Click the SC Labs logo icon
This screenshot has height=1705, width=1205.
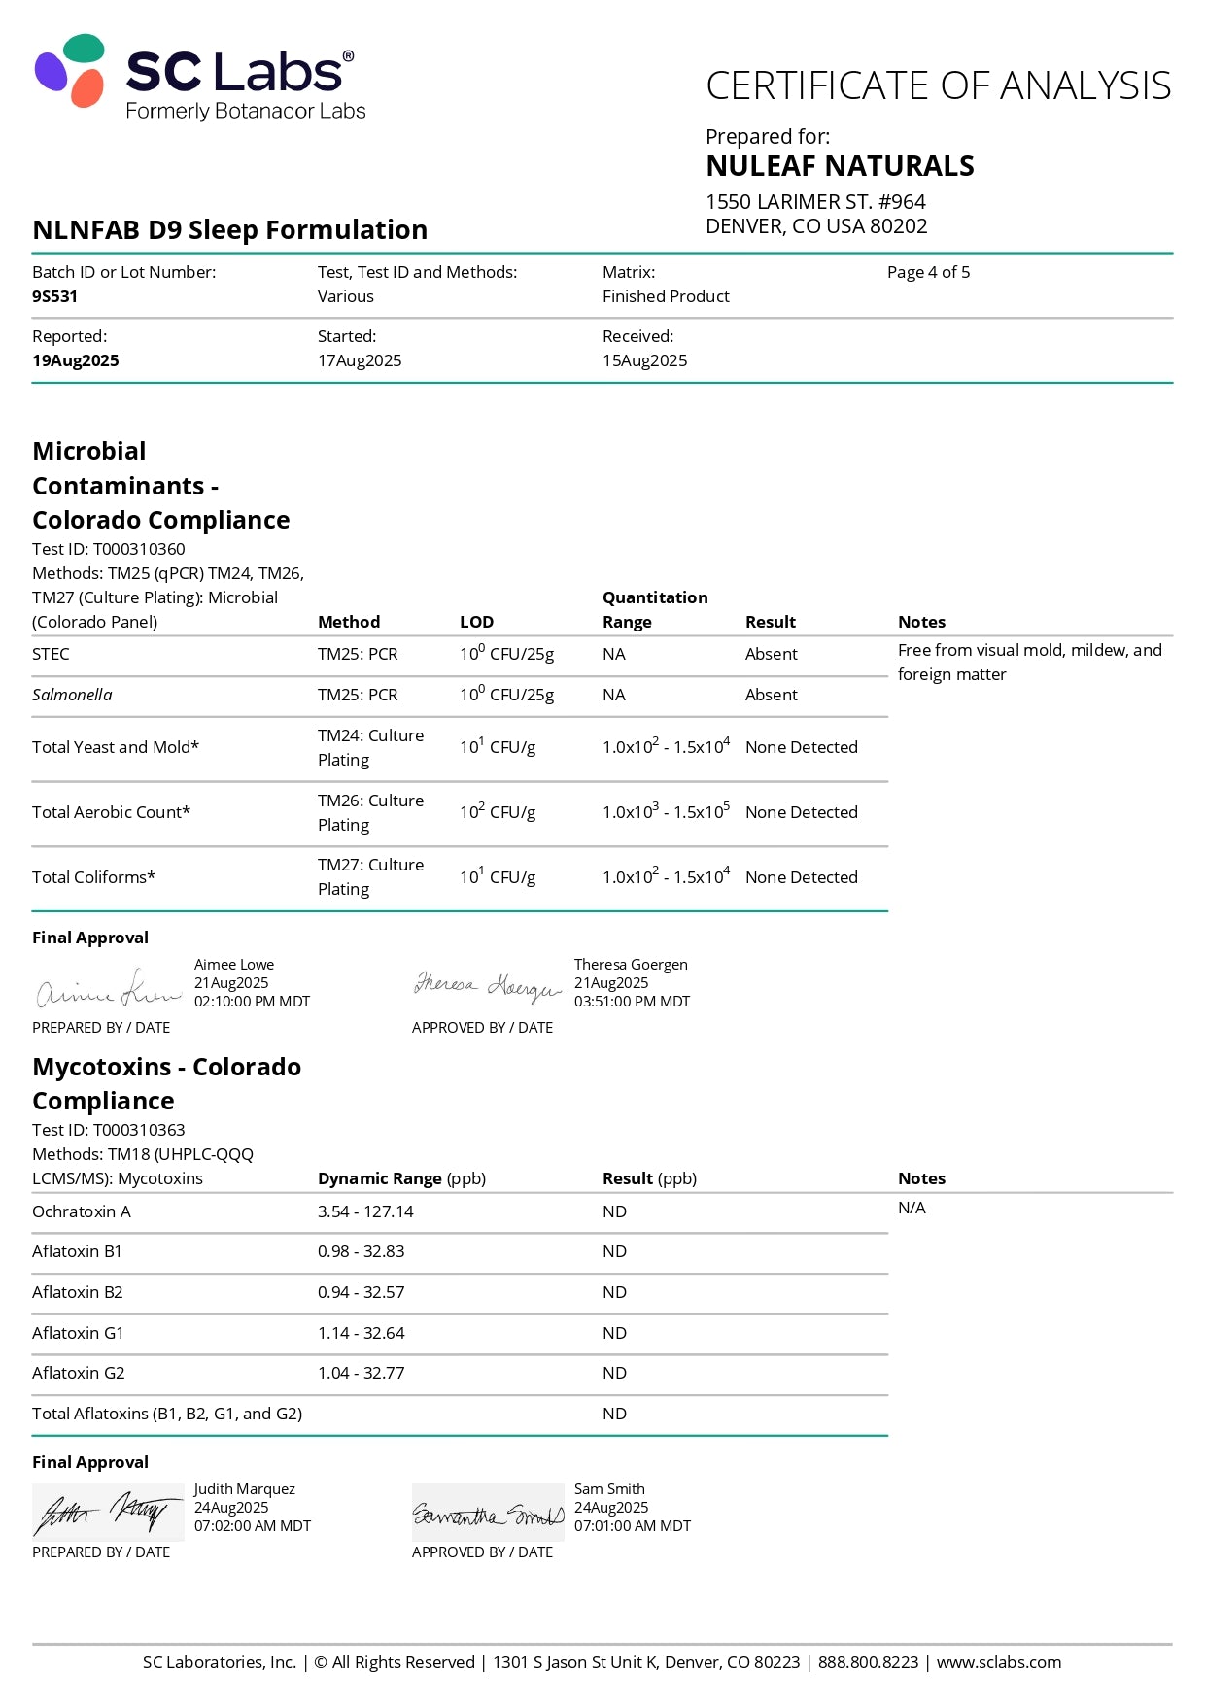(x=69, y=70)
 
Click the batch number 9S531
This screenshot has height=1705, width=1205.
(x=54, y=296)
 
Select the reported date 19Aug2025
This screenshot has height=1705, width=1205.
(x=76, y=360)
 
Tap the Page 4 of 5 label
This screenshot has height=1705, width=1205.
(x=928, y=272)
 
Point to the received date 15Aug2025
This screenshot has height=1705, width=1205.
(x=644, y=360)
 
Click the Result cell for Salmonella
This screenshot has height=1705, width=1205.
(x=771, y=695)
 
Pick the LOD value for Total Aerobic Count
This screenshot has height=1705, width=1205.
(x=498, y=812)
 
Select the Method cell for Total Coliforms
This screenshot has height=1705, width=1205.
(x=370, y=876)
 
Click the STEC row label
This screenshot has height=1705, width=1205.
(x=51, y=654)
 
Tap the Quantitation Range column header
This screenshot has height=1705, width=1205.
(x=654, y=609)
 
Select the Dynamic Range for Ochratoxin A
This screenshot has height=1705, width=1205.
(x=365, y=1211)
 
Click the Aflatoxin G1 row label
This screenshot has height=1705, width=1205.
(x=78, y=1333)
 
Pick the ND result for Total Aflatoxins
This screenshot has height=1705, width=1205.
(x=614, y=1414)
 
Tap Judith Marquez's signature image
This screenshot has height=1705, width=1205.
(x=107, y=1512)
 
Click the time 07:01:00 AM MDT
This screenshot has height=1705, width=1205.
(x=632, y=1526)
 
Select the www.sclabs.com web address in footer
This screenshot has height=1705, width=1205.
(x=998, y=1662)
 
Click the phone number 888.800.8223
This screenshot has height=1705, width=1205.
(x=868, y=1662)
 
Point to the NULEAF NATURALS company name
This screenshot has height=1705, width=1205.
(x=840, y=166)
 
